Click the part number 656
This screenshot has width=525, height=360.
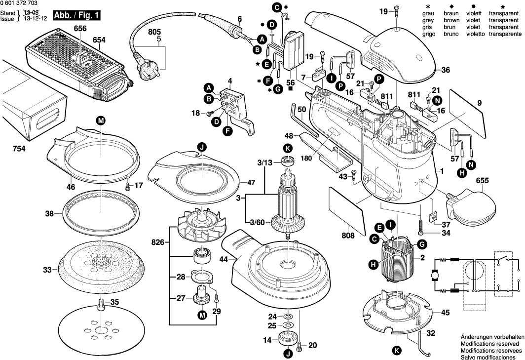coord(80,29)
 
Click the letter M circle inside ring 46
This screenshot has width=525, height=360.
coord(101,120)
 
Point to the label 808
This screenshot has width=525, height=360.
coord(347,236)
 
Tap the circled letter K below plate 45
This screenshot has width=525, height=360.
coord(396,351)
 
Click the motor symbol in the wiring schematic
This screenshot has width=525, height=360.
coord(435,275)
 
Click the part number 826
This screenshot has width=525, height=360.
coord(158,242)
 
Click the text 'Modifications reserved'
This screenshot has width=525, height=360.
coord(489,343)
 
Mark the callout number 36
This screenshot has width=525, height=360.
coord(446,71)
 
